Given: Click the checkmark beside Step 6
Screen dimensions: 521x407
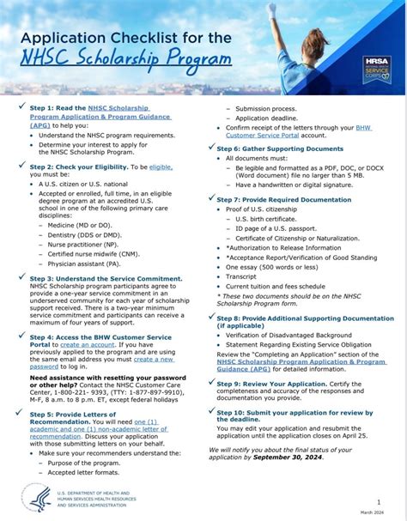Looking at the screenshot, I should pos(209,148).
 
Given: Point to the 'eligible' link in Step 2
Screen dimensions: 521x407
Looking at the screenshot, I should pos(161,166).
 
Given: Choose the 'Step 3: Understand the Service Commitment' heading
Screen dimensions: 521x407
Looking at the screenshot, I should pos(106,278).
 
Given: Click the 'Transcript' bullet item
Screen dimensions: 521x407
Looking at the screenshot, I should pos(241,276).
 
